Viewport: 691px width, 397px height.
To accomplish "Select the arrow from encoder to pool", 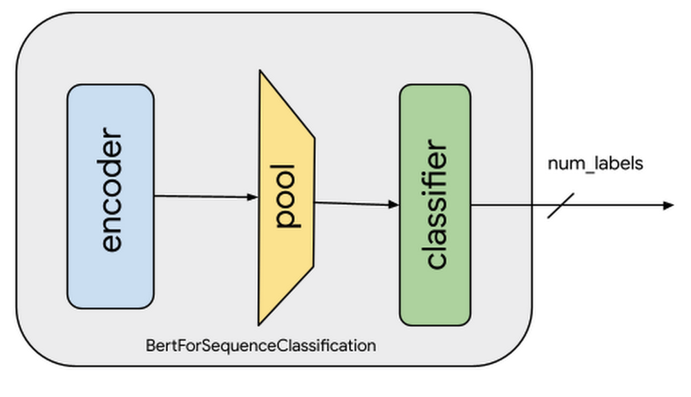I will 204,196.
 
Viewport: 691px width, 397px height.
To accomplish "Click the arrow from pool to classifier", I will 356,203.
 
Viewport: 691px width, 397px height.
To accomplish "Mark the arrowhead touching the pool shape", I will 253,197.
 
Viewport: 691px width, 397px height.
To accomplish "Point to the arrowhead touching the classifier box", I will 395,205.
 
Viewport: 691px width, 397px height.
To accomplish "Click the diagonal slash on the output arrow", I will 561,205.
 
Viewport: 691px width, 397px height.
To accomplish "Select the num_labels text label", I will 595,164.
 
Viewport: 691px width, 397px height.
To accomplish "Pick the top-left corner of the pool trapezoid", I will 260,71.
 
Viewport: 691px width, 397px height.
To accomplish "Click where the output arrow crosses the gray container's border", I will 534,205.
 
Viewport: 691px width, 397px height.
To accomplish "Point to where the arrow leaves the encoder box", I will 154,196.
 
